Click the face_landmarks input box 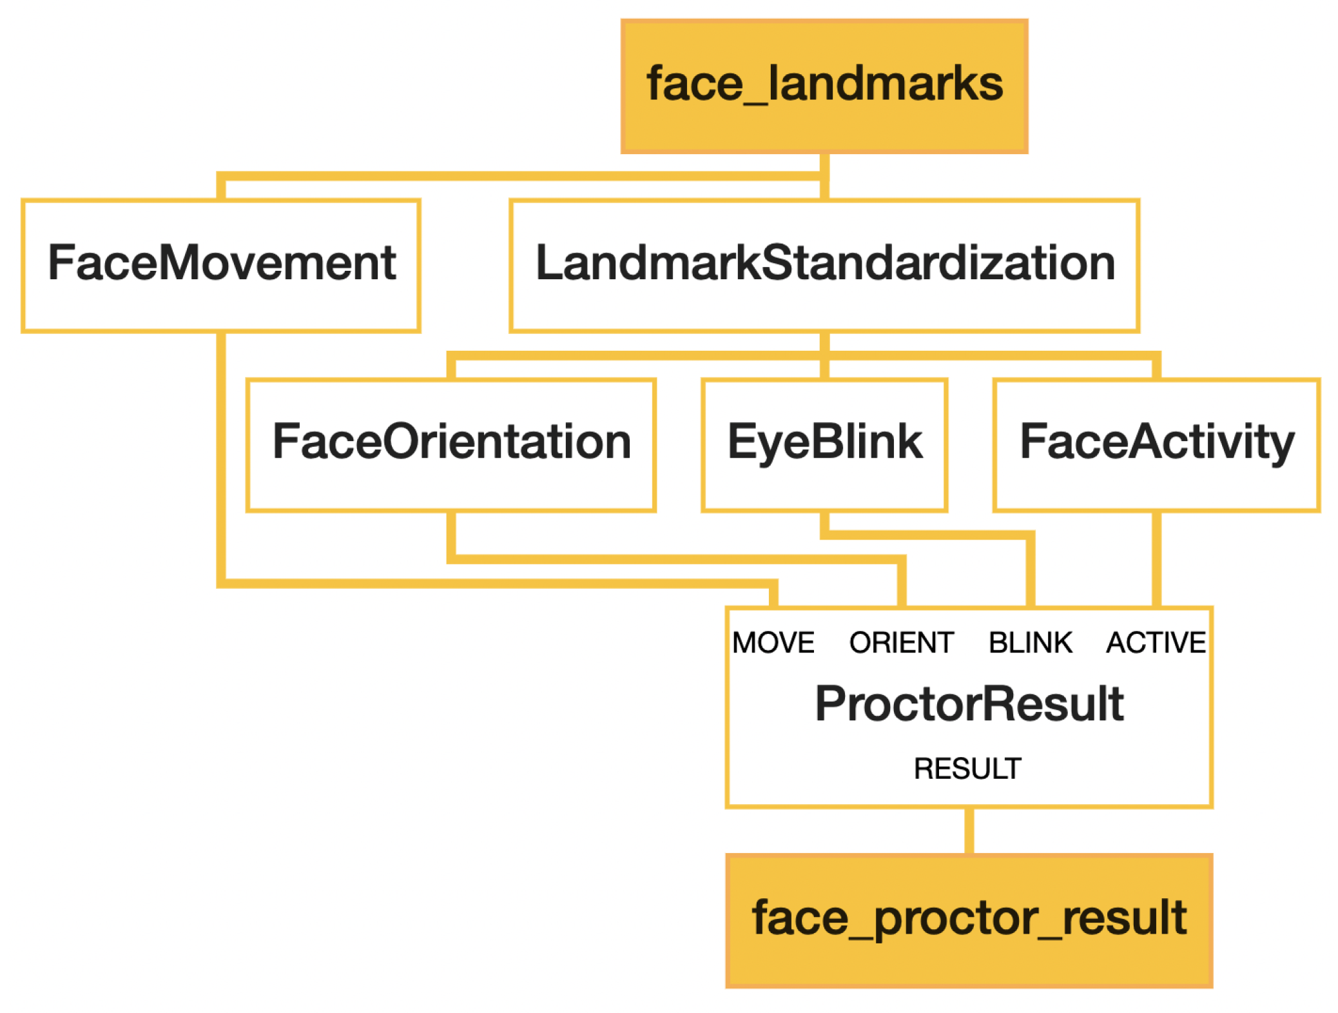coord(824,86)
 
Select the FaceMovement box coord(221,266)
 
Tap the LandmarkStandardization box coord(824,266)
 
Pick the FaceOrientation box coord(451,445)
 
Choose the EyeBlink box coord(824,445)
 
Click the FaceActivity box coord(1156,445)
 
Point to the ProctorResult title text coord(968,703)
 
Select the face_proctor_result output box coord(968,920)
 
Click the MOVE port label coord(773,642)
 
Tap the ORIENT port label coord(901,642)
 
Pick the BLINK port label coord(1030,642)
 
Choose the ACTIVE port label coord(1155,642)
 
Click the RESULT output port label coord(967,768)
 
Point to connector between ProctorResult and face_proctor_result coord(968,830)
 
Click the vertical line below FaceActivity coord(1156,558)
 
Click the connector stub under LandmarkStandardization coord(824,342)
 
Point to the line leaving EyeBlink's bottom coord(824,524)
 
